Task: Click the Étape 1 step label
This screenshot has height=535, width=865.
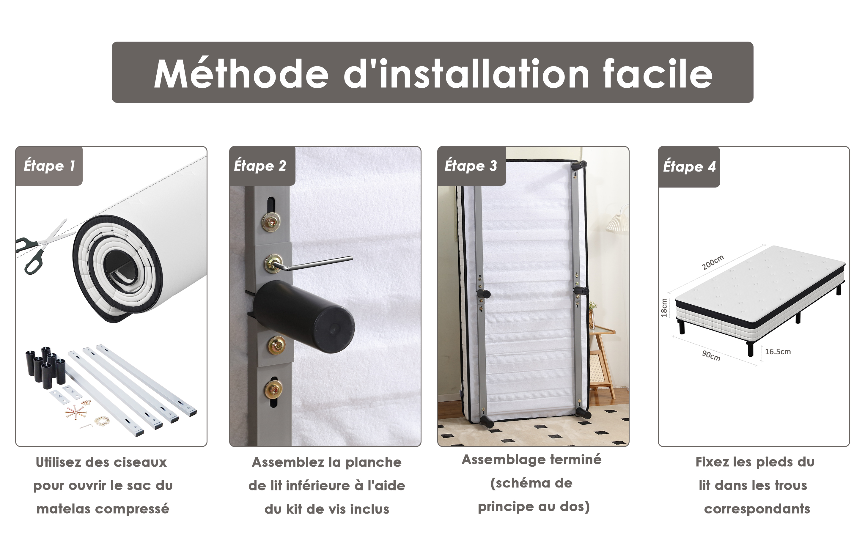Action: point(49,166)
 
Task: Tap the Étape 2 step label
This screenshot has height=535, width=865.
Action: point(260,166)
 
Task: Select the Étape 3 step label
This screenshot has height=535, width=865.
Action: point(471,166)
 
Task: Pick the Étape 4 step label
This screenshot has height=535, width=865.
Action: point(689,166)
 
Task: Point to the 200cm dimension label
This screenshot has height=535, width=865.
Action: point(713,262)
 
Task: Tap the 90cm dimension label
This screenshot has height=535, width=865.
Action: point(711,355)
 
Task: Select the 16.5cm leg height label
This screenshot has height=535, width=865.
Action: point(778,352)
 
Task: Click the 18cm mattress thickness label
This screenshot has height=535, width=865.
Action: point(664,308)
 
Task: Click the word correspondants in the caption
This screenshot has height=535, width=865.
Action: point(757,509)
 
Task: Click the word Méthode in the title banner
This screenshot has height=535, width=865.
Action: point(242,74)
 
